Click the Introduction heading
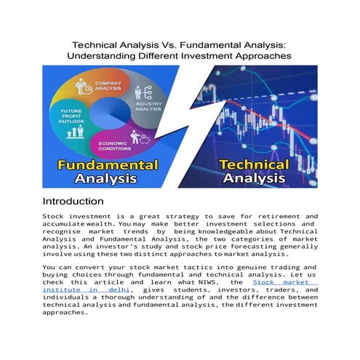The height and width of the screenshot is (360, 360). click(x=73, y=201)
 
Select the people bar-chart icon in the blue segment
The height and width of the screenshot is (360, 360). click(x=76, y=132)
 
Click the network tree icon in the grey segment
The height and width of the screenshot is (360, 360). click(x=143, y=92)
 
